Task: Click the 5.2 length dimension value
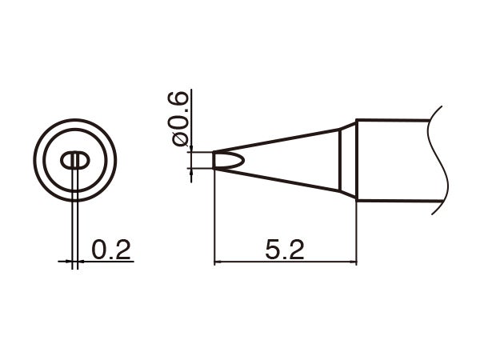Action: tap(285, 250)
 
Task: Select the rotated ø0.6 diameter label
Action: tap(180, 118)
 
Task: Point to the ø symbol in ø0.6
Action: tap(180, 138)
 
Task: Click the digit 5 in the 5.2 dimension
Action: tap(273, 250)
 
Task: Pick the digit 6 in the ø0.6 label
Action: tap(180, 101)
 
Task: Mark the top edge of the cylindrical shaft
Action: tap(392, 120)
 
